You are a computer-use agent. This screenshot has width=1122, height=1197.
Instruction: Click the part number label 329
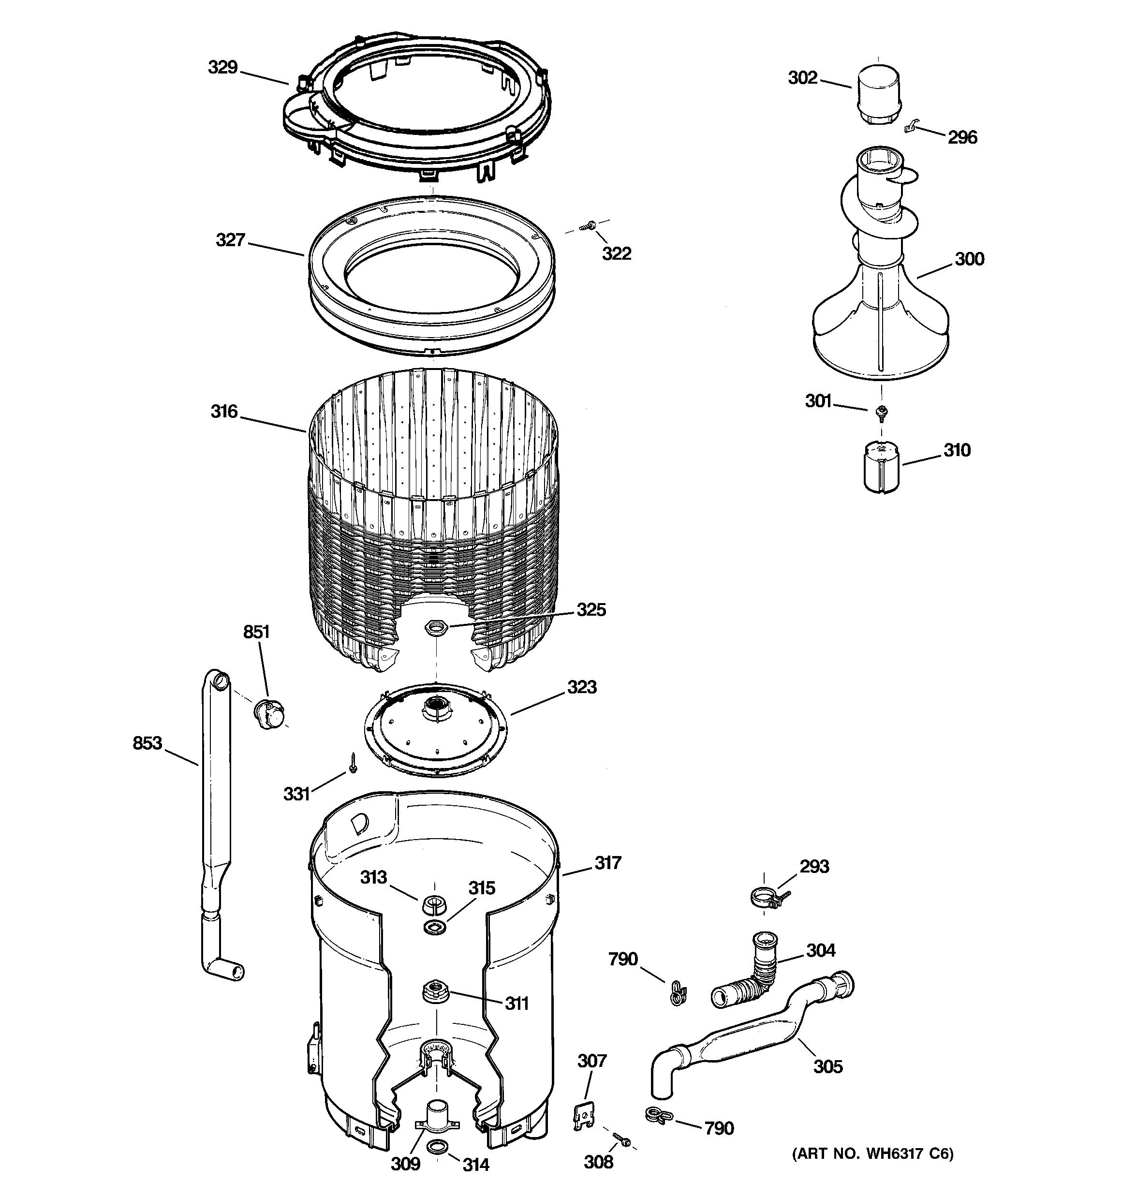pos(222,67)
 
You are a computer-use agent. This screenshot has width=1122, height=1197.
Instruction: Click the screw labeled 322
pos(587,226)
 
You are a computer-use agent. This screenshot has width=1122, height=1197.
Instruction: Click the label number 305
pos(827,1066)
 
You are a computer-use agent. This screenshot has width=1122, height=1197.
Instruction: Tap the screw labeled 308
pos(620,1138)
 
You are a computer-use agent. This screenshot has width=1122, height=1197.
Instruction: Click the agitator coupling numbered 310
pos(881,467)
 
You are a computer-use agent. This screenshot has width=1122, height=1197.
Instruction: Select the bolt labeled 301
pos(881,411)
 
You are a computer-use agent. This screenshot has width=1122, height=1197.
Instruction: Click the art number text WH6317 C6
pos(872,1153)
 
